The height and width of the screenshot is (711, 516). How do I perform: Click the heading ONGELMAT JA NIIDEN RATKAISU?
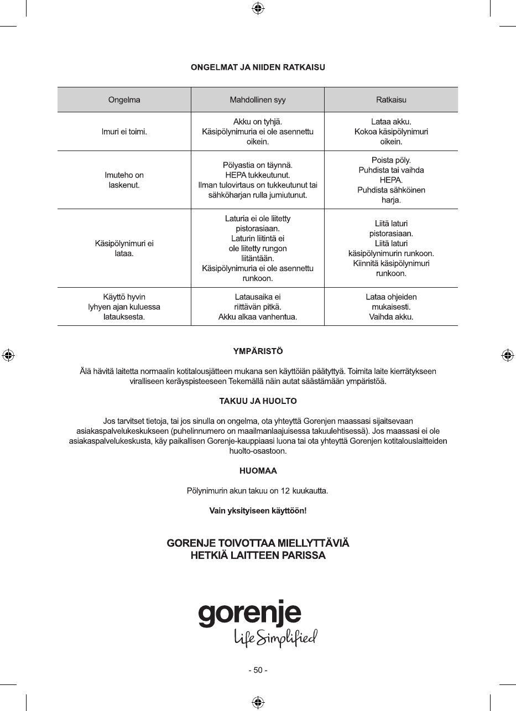pyautogui.click(x=258, y=68)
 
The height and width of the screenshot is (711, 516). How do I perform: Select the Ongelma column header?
pyautogui.click(x=124, y=100)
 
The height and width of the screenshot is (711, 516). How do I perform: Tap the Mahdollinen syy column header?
pyautogui.click(x=258, y=100)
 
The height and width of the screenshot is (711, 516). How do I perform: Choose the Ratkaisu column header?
pyautogui.click(x=391, y=100)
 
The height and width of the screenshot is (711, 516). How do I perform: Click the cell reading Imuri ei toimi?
pyautogui.click(x=124, y=132)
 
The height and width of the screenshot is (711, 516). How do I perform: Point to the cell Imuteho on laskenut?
pyautogui.click(x=124, y=180)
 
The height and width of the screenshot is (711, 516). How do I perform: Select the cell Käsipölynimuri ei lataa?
pyautogui.click(x=124, y=248)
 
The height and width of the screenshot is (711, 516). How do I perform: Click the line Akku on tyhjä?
pyautogui.click(x=258, y=122)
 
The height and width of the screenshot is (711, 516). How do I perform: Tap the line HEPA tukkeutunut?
pyautogui.click(x=258, y=175)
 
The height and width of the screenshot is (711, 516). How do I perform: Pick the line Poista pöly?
pyautogui.click(x=391, y=160)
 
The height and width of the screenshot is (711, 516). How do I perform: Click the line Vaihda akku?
pyautogui.click(x=391, y=317)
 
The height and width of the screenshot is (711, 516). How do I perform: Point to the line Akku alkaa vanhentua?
pyautogui.click(x=258, y=317)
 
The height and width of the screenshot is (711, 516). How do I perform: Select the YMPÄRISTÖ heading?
pyautogui.click(x=258, y=351)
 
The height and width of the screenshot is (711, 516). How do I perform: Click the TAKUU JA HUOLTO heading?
pyautogui.click(x=258, y=401)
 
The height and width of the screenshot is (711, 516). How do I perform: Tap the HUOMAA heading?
pyautogui.click(x=258, y=471)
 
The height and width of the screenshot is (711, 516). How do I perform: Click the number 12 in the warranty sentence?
pyautogui.click(x=285, y=491)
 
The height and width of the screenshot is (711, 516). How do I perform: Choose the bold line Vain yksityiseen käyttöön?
pyautogui.click(x=258, y=511)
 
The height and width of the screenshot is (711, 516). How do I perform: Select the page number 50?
pyautogui.click(x=258, y=670)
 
